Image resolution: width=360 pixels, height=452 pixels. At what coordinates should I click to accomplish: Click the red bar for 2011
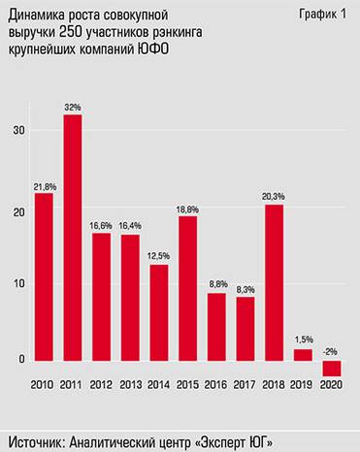(x=73, y=238)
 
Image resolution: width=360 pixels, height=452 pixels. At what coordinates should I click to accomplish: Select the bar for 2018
(x=274, y=281)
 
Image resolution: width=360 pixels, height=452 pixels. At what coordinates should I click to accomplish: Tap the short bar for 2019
(x=303, y=355)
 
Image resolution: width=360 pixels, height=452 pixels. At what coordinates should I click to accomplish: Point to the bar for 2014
(x=159, y=312)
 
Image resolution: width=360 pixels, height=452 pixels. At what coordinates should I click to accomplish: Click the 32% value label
(x=73, y=107)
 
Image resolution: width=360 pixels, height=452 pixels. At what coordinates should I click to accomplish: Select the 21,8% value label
(x=44, y=185)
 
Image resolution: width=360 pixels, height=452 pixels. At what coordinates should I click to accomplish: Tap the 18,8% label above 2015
(x=187, y=208)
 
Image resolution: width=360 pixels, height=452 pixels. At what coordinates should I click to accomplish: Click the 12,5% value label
(x=159, y=256)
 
